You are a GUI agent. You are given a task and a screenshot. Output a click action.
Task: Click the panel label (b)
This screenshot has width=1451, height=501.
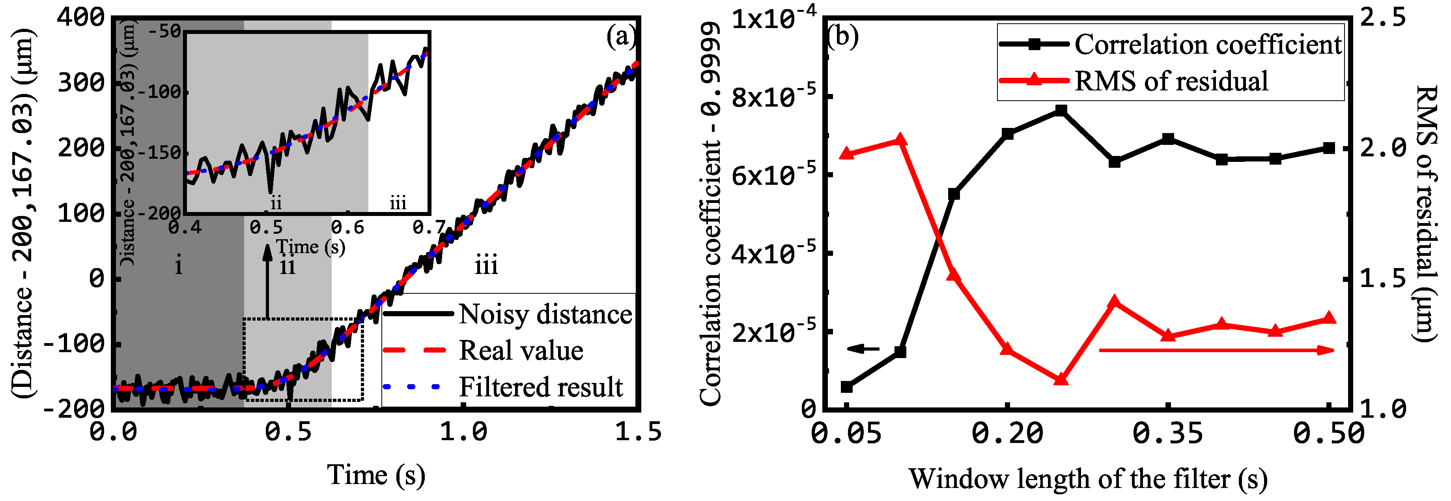point(843,37)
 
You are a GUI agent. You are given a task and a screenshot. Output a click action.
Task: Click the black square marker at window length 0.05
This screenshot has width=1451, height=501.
point(847,387)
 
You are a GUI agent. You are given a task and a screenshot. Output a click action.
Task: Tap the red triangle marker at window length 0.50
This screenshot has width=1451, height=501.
point(1329,319)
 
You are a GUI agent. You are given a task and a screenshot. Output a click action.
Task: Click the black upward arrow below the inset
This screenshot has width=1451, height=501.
point(267,282)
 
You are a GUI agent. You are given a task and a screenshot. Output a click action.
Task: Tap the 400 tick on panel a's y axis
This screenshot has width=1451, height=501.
point(82,17)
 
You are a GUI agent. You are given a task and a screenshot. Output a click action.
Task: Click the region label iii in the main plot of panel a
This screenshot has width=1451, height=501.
point(486,265)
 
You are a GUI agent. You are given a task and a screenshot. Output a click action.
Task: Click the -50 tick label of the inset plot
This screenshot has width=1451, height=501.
point(165,31)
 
